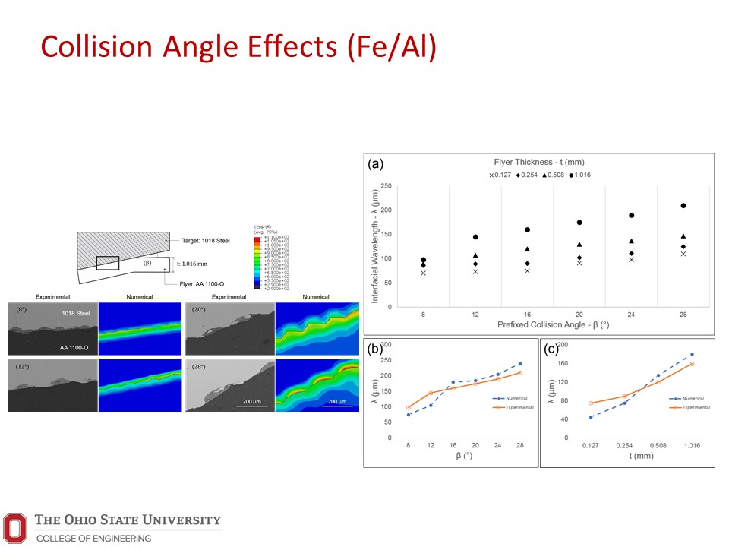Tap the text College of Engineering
click(x=93, y=538)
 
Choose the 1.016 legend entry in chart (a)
click(x=579, y=175)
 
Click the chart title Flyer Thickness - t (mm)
click(x=540, y=162)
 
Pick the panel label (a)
click(x=374, y=163)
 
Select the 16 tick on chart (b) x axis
click(x=453, y=447)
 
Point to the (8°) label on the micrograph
click(x=22, y=310)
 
